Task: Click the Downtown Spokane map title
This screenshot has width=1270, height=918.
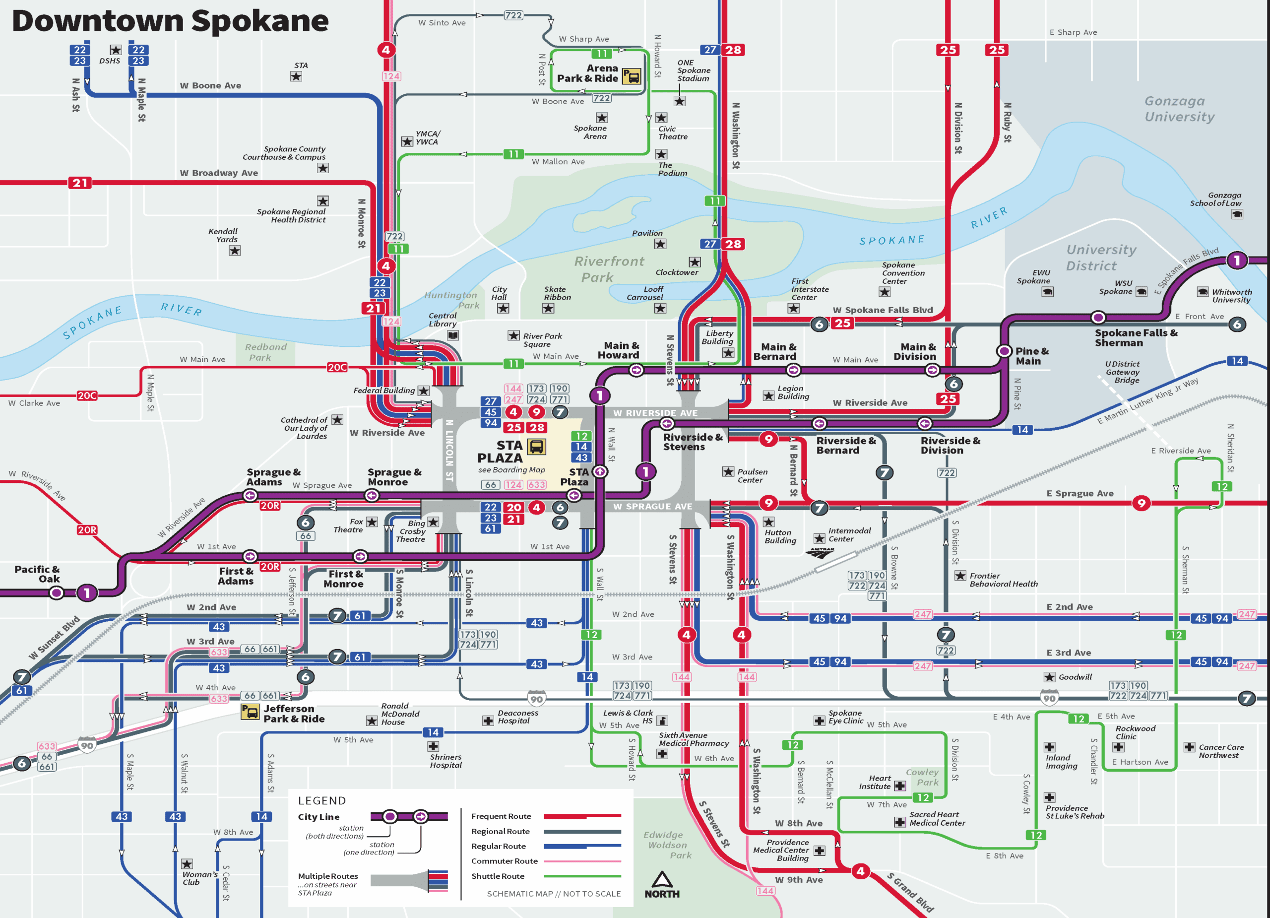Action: [170, 21]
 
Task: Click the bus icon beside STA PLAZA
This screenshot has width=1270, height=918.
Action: [536, 447]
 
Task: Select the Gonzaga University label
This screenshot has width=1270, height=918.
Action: [1179, 109]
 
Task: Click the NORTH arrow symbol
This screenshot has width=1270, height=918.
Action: [661, 879]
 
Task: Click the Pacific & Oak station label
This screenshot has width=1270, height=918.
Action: [37, 574]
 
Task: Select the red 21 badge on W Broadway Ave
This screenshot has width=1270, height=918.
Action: [80, 183]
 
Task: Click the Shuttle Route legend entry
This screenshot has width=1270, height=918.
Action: [498, 876]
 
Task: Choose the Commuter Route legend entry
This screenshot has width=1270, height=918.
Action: [504, 861]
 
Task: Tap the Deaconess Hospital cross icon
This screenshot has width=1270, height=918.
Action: [488, 721]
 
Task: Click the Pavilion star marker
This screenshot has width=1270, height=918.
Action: [660, 244]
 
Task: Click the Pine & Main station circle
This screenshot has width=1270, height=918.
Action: [1004, 351]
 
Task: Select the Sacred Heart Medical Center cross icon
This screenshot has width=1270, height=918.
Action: [899, 822]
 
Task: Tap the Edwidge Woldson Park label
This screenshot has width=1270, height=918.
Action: [666, 845]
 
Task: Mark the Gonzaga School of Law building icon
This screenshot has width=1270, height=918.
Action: [1237, 214]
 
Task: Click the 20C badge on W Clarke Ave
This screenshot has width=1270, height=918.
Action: [87, 395]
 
